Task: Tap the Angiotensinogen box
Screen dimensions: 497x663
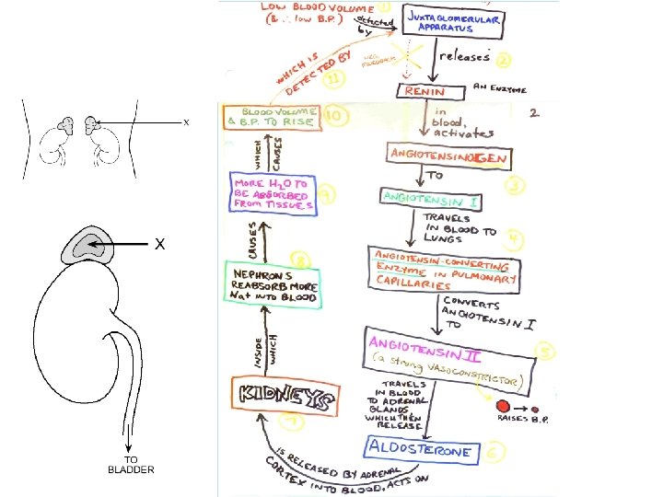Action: (x=448, y=157)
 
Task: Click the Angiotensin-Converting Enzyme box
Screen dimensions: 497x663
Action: (x=443, y=270)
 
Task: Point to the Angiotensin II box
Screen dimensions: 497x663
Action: (x=434, y=348)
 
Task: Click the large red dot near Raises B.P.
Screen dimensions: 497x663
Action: (x=503, y=404)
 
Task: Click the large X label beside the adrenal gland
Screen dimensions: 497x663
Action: (x=159, y=245)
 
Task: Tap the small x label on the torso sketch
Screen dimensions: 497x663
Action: (x=186, y=121)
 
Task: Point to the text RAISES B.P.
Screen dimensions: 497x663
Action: (x=519, y=418)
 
